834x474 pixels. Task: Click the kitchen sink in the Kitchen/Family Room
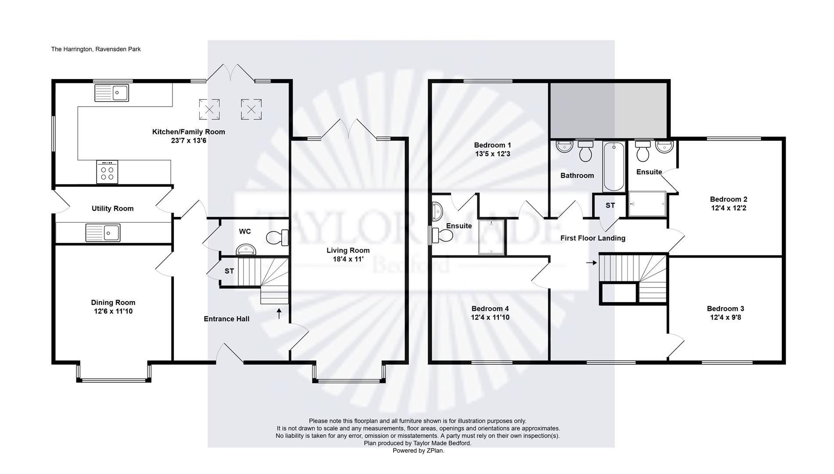point(111,93)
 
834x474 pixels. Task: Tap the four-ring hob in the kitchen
point(107,172)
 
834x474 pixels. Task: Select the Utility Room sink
point(103,233)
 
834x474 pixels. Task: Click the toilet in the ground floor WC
point(276,238)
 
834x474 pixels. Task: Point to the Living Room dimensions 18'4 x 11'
point(348,259)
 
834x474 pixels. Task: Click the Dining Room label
point(113,302)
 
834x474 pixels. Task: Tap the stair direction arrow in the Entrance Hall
point(279,313)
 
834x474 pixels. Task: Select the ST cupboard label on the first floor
point(610,205)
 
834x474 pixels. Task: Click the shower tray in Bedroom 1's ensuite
point(491,237)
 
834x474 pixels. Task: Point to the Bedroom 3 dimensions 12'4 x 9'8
point(725,317)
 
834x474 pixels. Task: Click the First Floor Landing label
point(593,238)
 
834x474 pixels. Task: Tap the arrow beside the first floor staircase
point(592,263)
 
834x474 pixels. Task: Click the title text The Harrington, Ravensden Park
point(96,49)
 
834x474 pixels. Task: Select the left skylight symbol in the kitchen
point(209,109)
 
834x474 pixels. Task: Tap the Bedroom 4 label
point(490,309)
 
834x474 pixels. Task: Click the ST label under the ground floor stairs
point(229,271)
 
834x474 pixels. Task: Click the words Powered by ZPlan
point(418,451)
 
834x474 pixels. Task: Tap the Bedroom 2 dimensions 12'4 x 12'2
point(728,208)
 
